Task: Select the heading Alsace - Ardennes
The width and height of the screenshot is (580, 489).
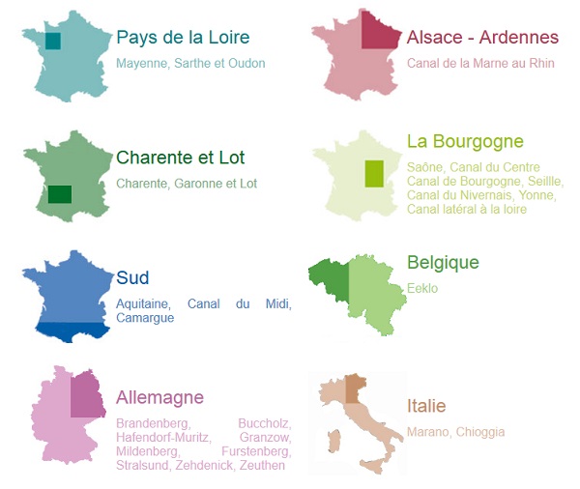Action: click(x=482, y=38)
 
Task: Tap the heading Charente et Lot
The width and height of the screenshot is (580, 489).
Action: click(x=180, y=158)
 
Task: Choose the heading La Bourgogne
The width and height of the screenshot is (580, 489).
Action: click(x=465, y=142)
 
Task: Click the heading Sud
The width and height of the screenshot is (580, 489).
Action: click(x=132, y=278)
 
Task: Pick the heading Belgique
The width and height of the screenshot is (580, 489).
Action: click(x=443, y=263)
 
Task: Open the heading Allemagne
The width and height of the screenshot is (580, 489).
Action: click(x=159, y=397)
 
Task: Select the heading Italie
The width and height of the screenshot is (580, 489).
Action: click(x=426, y=406)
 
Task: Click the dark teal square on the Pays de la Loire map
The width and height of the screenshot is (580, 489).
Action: click(x=53, y=41)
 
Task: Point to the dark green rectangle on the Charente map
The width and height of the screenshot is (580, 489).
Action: click(x=60, y=194)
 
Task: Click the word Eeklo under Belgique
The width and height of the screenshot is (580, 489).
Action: click(x=422, y=288)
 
